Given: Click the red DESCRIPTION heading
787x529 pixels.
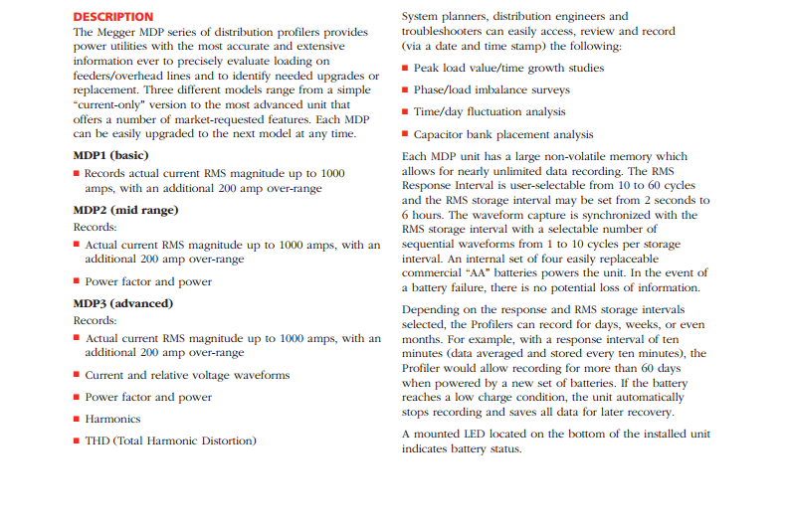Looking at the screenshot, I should (113, 16).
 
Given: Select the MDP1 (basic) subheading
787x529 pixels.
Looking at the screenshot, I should (109, 155).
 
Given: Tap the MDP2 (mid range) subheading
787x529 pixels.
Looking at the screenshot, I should (125, 210).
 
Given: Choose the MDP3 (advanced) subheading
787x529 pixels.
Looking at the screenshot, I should (123, 302).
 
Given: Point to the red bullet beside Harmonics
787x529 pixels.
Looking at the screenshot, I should (77, 420).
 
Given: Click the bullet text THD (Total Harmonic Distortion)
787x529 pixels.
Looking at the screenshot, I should (170, 440).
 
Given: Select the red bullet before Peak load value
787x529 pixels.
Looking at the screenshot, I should (405, 69).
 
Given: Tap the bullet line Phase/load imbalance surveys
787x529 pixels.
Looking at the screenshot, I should (493, 89).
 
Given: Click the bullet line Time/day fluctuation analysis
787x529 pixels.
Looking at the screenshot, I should (490, 111).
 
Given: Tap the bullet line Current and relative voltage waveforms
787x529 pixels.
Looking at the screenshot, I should (187, 375).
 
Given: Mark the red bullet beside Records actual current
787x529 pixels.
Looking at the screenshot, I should (77, 173).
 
